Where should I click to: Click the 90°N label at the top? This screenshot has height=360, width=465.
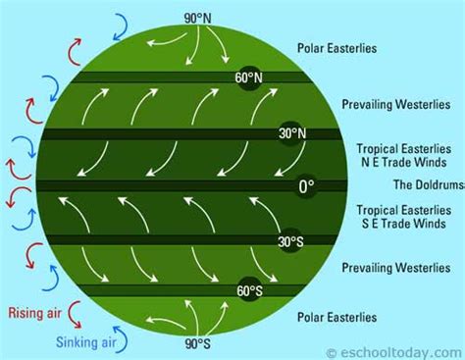(199, 18)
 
